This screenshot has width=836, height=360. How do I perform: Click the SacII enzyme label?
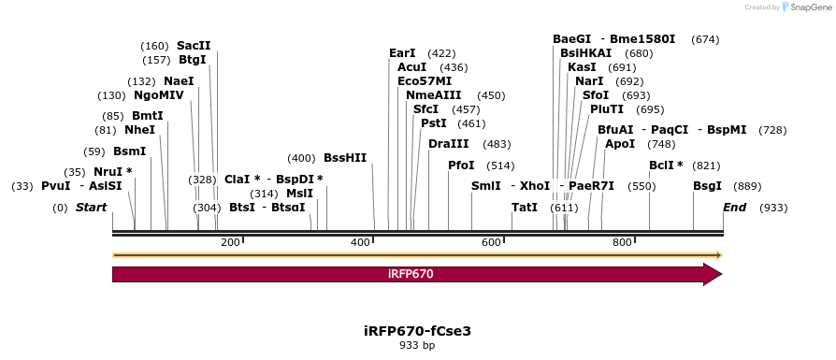tap(194, 46)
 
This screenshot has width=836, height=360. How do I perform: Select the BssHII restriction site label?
tap(345, 158)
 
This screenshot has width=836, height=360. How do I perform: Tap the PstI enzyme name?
tap(434, 123)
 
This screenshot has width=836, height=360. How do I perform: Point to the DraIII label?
tap(448, 144)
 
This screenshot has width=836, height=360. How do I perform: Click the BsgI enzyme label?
tap(707, 186)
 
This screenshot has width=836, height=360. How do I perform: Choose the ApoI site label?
tap(620, 144)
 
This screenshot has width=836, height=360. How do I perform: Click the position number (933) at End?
tap(773, 208)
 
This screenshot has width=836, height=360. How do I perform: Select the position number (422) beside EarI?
tap(441, 53)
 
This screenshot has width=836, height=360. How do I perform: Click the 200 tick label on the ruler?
tap(230, 243)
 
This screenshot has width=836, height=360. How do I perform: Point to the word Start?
tap(91, 208)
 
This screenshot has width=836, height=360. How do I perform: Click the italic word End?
tap(734, 208)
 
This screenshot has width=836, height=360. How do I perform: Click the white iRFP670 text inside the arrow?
tap(411, 274)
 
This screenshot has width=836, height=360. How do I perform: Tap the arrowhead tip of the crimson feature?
tap(722, 274)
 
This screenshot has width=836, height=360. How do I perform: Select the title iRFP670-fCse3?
tap(417, 331)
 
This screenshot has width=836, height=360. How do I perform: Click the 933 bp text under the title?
tap(417, 346)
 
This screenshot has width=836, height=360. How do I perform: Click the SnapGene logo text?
tap(811, 7)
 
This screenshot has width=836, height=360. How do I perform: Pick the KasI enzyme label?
tap(582, 67)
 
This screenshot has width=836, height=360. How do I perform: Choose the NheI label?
tap(139, 130)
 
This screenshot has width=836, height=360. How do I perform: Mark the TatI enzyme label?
tap(525, 208)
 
